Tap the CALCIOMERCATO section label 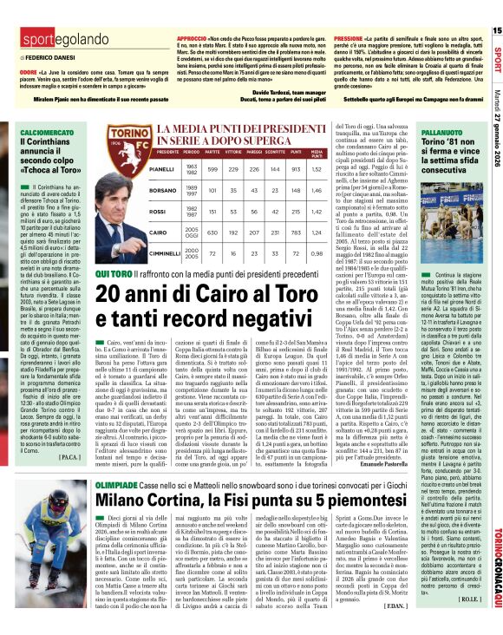[32, 132]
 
